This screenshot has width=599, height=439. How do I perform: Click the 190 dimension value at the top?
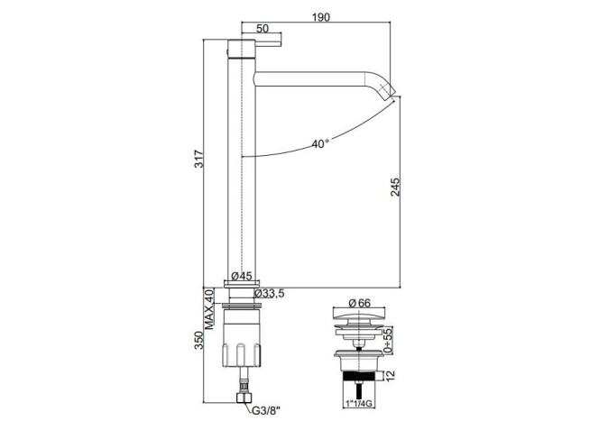point(320,17)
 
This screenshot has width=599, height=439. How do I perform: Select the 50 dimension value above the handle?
point(263,28)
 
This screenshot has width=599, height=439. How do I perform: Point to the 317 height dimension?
point(199,160)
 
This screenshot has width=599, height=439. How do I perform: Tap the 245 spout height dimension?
point(394,187)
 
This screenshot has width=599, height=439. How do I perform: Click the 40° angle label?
point(320,144)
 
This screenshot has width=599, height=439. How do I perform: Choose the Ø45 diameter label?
point(242,276)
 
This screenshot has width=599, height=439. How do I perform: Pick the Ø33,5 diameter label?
point(270,293)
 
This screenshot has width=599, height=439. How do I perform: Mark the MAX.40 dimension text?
point(209,309)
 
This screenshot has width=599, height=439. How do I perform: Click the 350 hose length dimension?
point(199,340)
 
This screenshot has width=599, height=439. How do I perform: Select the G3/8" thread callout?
point(266,411)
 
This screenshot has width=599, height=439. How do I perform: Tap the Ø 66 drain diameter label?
point(359,303)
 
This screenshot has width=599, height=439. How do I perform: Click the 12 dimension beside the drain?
point(390,376)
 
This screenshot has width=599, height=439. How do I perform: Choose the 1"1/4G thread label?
point(359,404)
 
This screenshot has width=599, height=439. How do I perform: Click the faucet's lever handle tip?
point(280,42)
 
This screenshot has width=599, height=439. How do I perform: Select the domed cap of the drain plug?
point(357,316)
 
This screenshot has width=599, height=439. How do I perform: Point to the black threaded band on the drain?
point(359,376)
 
